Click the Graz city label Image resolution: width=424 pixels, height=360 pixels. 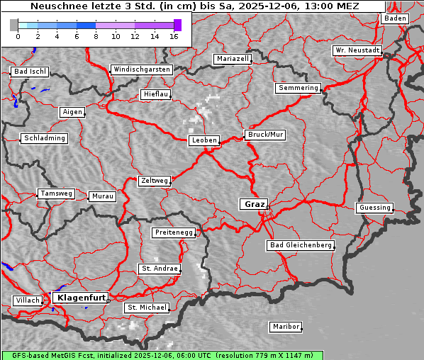pos(254,204)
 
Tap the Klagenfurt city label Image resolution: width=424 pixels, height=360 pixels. pos(81,298)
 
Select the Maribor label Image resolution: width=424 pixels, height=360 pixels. pos(286,327)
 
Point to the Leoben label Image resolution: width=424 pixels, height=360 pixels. pos(203,140)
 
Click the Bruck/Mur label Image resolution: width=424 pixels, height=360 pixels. pos(265,134)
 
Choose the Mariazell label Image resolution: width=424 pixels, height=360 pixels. pos(233,59)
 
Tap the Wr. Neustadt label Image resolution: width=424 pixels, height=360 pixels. pos(357,51)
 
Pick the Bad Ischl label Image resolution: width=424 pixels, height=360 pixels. pos(30,72)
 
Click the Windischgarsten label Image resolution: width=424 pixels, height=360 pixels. pos(141,69)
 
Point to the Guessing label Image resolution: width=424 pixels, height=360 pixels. pos(374,208)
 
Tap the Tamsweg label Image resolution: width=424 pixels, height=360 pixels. pos(55,193)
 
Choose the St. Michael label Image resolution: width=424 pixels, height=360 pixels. pos(147,308)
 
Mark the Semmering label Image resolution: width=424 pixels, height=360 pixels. pos(298,88)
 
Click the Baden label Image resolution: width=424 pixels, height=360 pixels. pos(395,18)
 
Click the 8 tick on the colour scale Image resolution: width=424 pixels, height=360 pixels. pos(95,35)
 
